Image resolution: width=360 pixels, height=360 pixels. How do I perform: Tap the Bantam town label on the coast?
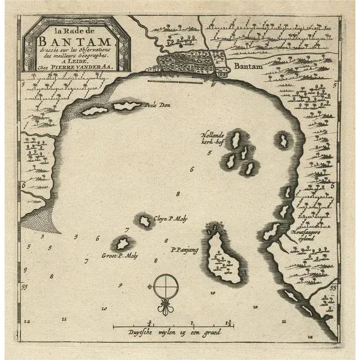pos(245,65)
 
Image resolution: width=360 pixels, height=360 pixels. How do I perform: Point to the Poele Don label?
pos(159,105)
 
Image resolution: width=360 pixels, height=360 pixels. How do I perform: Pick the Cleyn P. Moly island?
pos(145,220)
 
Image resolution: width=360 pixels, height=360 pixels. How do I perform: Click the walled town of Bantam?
pos(186,63)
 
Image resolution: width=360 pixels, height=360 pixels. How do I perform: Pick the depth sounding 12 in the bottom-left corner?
pos(27,321)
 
